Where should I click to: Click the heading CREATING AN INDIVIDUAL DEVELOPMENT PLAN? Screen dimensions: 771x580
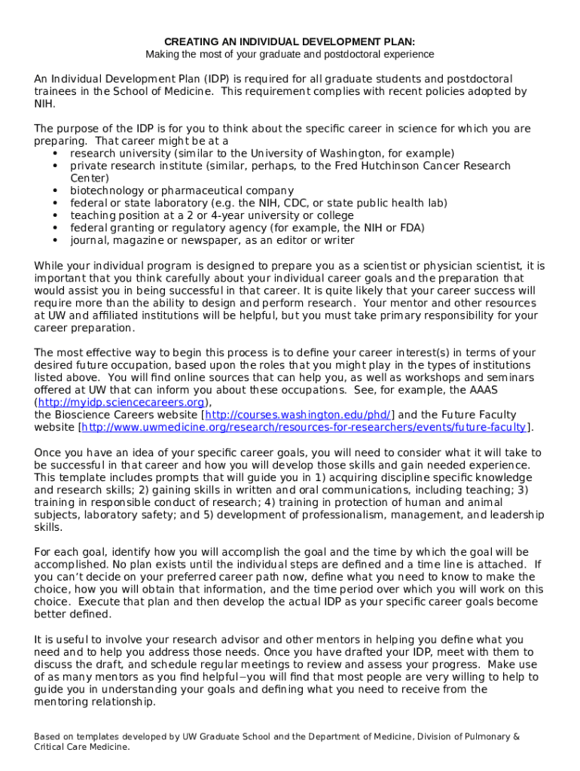(290, 41)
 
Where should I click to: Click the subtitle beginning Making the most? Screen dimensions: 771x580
(290, 54)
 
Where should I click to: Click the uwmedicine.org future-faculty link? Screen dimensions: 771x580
(304, 427)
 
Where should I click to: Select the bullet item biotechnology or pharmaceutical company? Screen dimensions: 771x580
(182, 190)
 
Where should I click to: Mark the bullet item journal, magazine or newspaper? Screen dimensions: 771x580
(212, 240)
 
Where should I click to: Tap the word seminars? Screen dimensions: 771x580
(509, 377)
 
